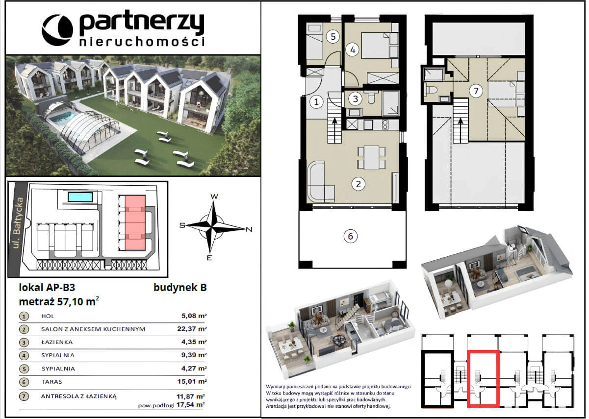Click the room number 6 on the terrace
point(351,236)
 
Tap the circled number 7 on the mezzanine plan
point(476,91)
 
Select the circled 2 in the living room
point(359,184)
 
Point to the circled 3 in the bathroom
point(356,99)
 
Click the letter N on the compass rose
point(249,229)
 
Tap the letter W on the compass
point(214,196)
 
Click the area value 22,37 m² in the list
point(192,329)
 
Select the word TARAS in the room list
point(51,381)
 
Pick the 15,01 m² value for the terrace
point(192,381)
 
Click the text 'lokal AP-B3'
point(47,288)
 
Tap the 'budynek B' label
point(180,287)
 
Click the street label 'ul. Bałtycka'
point(19,223)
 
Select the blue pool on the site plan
point(80,197)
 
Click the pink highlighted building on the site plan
point(135,222)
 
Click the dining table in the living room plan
point(372,158)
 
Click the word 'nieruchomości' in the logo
point(142,42)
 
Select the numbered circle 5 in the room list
point(24,369)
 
